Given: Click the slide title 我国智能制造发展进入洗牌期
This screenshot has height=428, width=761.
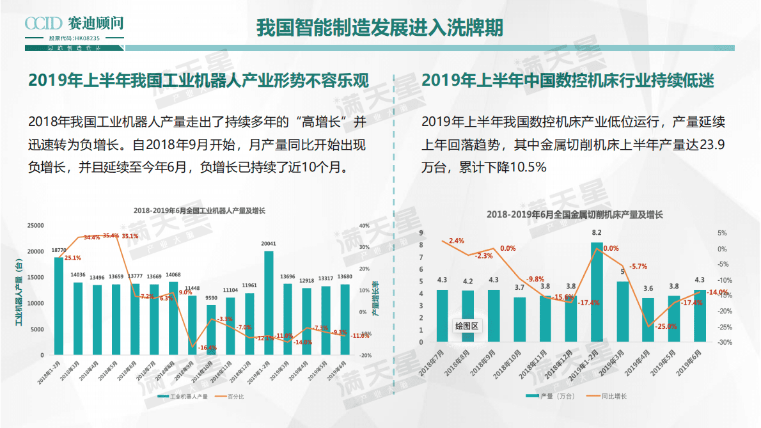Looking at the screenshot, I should click(x=380, y=28).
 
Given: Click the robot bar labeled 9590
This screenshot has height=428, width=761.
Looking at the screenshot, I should click(x=211, y=329).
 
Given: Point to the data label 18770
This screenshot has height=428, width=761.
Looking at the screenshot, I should click(x=59, y=250).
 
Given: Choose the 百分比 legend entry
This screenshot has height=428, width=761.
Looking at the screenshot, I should click(x=236, y=397).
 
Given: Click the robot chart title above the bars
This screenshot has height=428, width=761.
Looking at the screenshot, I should click(x=199, y=210).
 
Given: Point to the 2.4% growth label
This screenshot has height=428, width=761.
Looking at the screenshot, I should click(x=457, y=241).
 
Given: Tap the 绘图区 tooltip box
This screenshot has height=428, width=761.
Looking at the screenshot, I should click(x=467, y=326).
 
